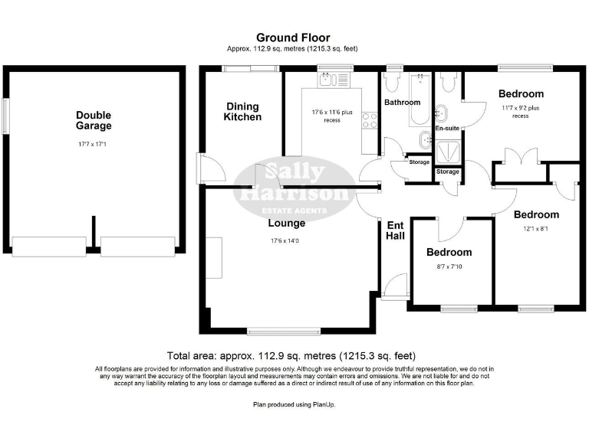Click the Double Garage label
[94, 120]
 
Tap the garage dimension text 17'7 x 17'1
[94, 143]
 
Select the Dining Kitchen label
[242, 112]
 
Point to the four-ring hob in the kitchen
[369, 119]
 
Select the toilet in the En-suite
[449, 82]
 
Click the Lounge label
[286, 224]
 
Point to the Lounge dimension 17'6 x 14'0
[286, 241]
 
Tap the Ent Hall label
[395, 230]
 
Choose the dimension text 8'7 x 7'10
[449, 267]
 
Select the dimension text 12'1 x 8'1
[536, 229]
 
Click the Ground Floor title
[293, 37]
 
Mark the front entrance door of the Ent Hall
[396, 286]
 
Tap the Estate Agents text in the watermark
[294, 210]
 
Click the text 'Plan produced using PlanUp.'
[294, 403]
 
